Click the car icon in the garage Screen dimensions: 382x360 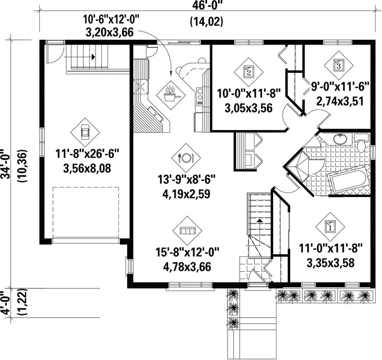click(85, 133)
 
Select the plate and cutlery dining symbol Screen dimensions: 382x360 click(186, 158)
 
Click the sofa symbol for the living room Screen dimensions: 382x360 click(187, 230)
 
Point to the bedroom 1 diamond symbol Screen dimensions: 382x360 click(330, 226)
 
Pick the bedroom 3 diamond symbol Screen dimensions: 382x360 click(338, 65)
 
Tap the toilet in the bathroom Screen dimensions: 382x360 click(361, 144)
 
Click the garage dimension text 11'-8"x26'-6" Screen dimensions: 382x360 click(88, 154)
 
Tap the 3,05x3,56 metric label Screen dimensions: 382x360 click(248, 107)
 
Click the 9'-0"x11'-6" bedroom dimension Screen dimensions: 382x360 click(340, 87)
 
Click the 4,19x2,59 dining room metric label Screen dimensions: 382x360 click(186, 194)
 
